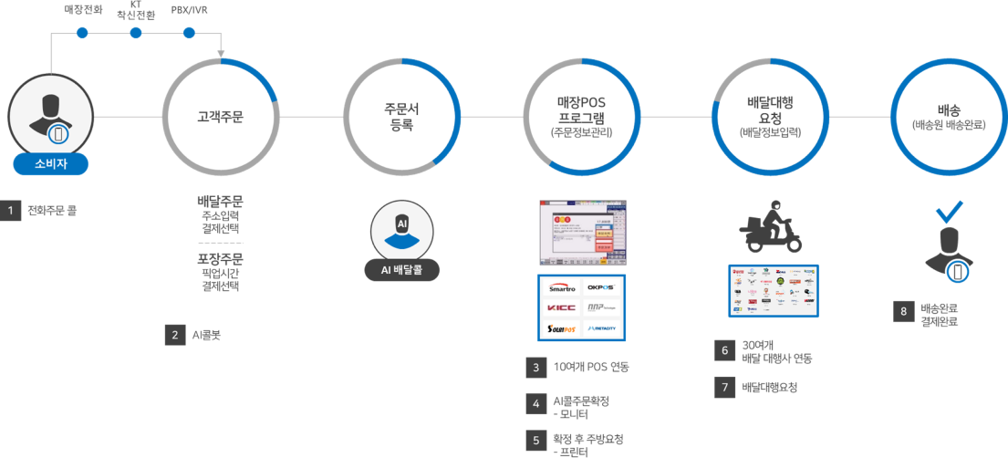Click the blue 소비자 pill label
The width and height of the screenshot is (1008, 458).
(x=51, y=164)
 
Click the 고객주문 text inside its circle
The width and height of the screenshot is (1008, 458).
(x=220, y=118)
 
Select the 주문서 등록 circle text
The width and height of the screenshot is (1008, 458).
(x=401, y=118)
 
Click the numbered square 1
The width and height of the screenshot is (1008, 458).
(x=11, y=211)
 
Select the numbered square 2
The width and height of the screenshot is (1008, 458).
(x=174, y=335)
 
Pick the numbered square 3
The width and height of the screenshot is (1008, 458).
(x=535, y=368)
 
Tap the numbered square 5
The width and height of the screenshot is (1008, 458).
(x=535, y=439)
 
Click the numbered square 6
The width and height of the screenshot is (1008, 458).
(x=725, y=350)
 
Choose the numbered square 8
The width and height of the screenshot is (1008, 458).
(x=903, y=312)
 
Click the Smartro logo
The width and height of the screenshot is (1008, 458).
(x=562, y=288)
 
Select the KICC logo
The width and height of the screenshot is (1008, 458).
(x=562, y=307)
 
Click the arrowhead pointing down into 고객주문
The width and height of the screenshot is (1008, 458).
(x=220, y=53)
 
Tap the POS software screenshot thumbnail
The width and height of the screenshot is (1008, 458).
(x=581, y=231)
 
